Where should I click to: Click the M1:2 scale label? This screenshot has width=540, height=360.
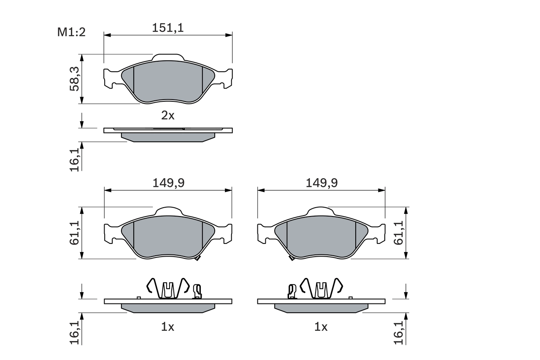click(x=71, y=32)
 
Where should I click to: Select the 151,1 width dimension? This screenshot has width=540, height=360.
click(x=168, y=28)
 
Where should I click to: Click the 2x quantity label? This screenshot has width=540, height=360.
click(x=167, y=115)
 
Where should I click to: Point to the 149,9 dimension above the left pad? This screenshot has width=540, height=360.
click(x=168, y=183)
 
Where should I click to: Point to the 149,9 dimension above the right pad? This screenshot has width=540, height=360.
click(x=321, y=183)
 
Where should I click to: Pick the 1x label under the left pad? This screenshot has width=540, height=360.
click(x=167, y=327)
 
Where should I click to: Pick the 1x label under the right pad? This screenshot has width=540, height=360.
click(x=321, y=327)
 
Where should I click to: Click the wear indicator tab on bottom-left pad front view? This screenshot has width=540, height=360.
click(x=197, y=258)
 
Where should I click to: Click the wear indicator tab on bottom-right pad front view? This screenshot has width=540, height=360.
click(x=291, y=258)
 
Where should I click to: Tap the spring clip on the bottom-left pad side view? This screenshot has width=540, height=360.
click(x=168, y=288)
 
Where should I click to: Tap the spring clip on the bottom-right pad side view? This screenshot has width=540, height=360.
click(x=321, y=288)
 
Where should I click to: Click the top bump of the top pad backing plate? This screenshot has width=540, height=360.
click(x=168, y=57)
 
